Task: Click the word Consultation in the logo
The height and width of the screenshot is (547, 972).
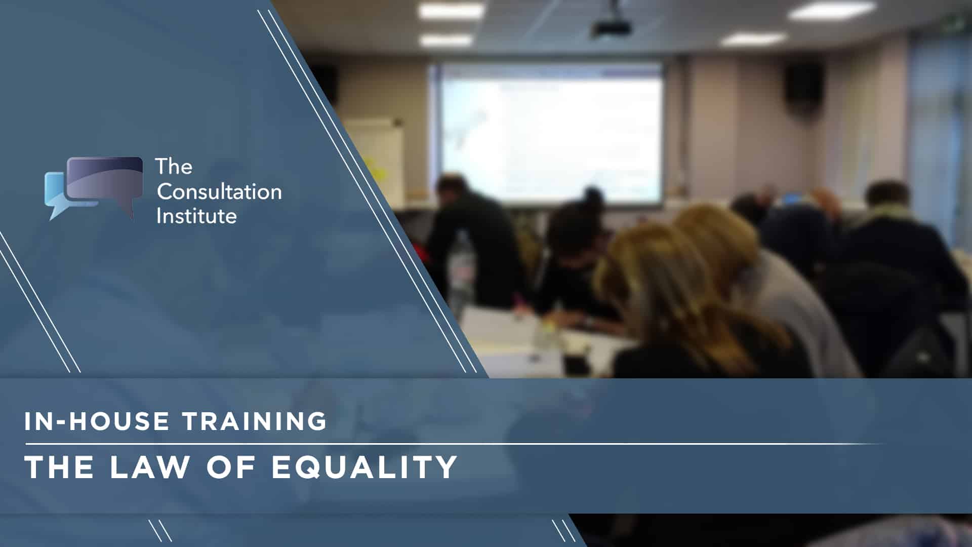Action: (x=219, y=191)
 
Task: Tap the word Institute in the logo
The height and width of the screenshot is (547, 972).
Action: (x=196, y=216)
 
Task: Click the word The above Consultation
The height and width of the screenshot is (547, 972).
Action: (x=174, y=166)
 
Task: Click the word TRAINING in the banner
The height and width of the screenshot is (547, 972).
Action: (x=255, y=421)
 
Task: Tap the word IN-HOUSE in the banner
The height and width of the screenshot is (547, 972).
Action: (x=97, y=421)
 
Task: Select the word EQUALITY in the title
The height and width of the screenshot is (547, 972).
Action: (x=364, y=466)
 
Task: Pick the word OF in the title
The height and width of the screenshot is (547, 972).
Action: (x=231, y=466)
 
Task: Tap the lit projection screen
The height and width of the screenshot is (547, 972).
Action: (x=551, y=133)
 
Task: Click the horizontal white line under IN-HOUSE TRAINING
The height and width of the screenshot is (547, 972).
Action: (x=456, y=444)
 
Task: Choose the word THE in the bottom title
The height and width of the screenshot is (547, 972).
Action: (x=59, y=466)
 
